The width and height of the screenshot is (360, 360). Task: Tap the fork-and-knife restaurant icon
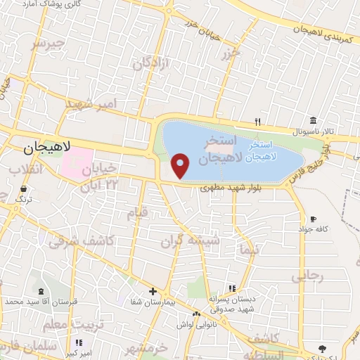[258, 121]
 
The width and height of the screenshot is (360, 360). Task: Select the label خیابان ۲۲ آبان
[98, 178]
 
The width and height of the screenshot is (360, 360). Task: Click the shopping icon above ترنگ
[24, 189]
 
